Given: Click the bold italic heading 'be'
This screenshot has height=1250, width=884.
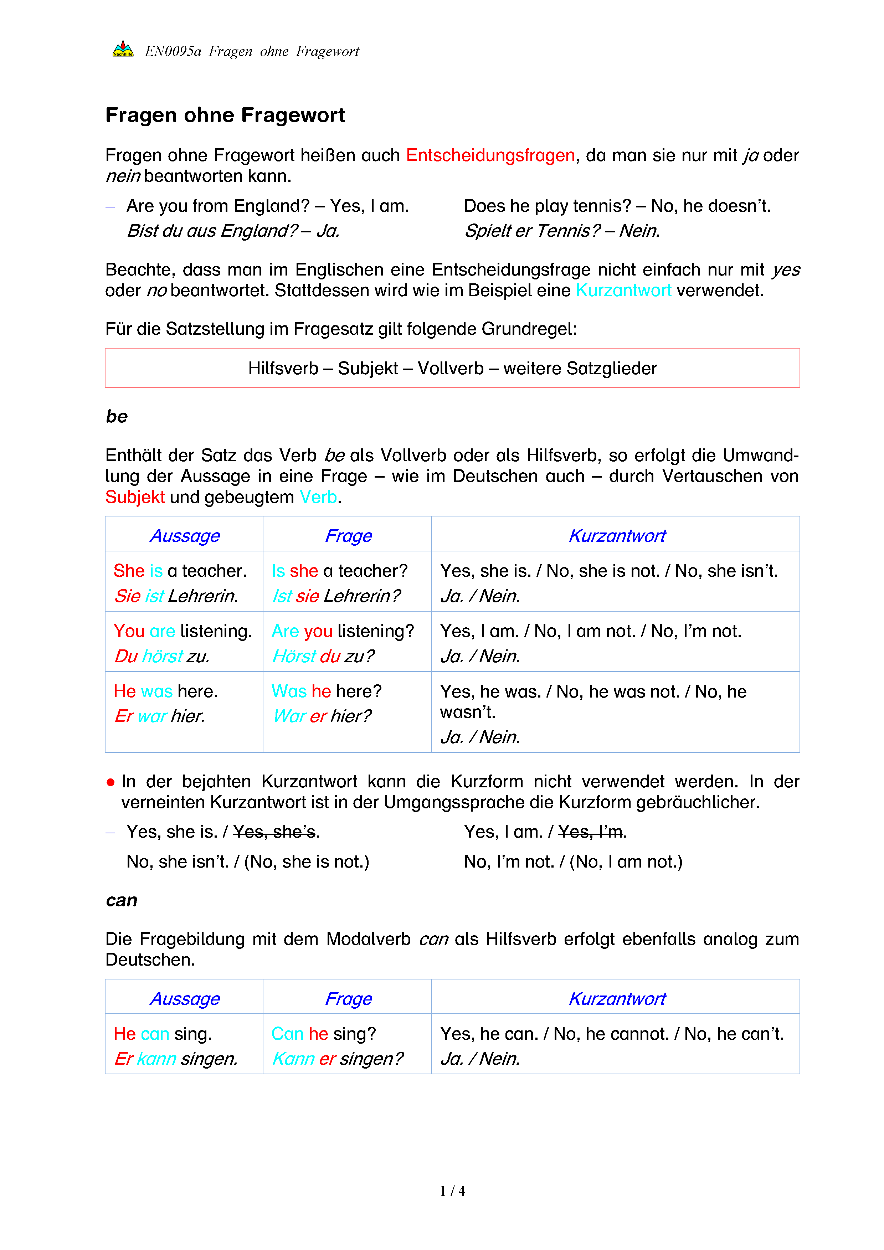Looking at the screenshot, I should [117, 416].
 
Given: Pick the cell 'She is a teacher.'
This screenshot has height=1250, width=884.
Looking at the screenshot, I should [180, 571].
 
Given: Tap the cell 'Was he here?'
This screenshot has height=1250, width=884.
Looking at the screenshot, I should [327, 691].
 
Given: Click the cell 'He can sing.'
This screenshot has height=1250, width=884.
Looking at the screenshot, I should [163, 1034].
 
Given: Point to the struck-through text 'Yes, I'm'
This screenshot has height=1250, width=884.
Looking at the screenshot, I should [591, 832].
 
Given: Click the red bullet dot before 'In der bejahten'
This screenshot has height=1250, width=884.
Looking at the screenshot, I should [110, 783].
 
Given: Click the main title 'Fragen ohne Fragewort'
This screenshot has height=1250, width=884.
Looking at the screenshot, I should [225, 115].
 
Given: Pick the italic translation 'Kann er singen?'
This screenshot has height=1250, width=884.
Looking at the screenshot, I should [338, 1059].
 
